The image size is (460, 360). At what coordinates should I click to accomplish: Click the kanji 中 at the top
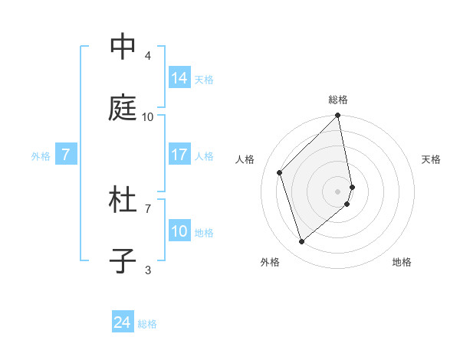click(123, 47)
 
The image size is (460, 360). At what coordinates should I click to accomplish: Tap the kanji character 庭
click(123, 109)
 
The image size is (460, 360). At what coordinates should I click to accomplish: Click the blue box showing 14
click(179, 78)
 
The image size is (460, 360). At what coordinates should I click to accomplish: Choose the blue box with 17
click(179, 155)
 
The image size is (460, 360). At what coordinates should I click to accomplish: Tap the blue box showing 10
click(179, 231)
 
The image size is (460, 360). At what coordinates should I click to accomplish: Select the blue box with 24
click(122, 323)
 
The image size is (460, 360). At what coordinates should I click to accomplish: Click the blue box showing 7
click(66, 155)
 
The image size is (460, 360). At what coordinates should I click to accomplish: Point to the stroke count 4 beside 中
click(147, 56)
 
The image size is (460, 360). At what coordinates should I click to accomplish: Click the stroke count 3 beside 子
click(147, 270)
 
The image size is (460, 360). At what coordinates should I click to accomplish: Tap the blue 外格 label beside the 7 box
click(41, 156)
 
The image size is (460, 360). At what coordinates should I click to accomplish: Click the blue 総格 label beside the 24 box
click(147, 325)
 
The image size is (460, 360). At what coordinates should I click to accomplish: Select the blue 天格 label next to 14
click(204, 80)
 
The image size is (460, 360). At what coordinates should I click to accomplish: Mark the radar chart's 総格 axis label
click(338, 100)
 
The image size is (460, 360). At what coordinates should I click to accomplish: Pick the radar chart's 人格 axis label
click(245, 159)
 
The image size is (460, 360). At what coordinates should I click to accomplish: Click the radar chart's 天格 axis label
click(431, 159)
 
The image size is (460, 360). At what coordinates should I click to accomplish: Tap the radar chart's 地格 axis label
click(402, 262)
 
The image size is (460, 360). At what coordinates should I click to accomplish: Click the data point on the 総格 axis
click(338, 116)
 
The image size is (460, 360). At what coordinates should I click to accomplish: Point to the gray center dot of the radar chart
click(338, 191)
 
